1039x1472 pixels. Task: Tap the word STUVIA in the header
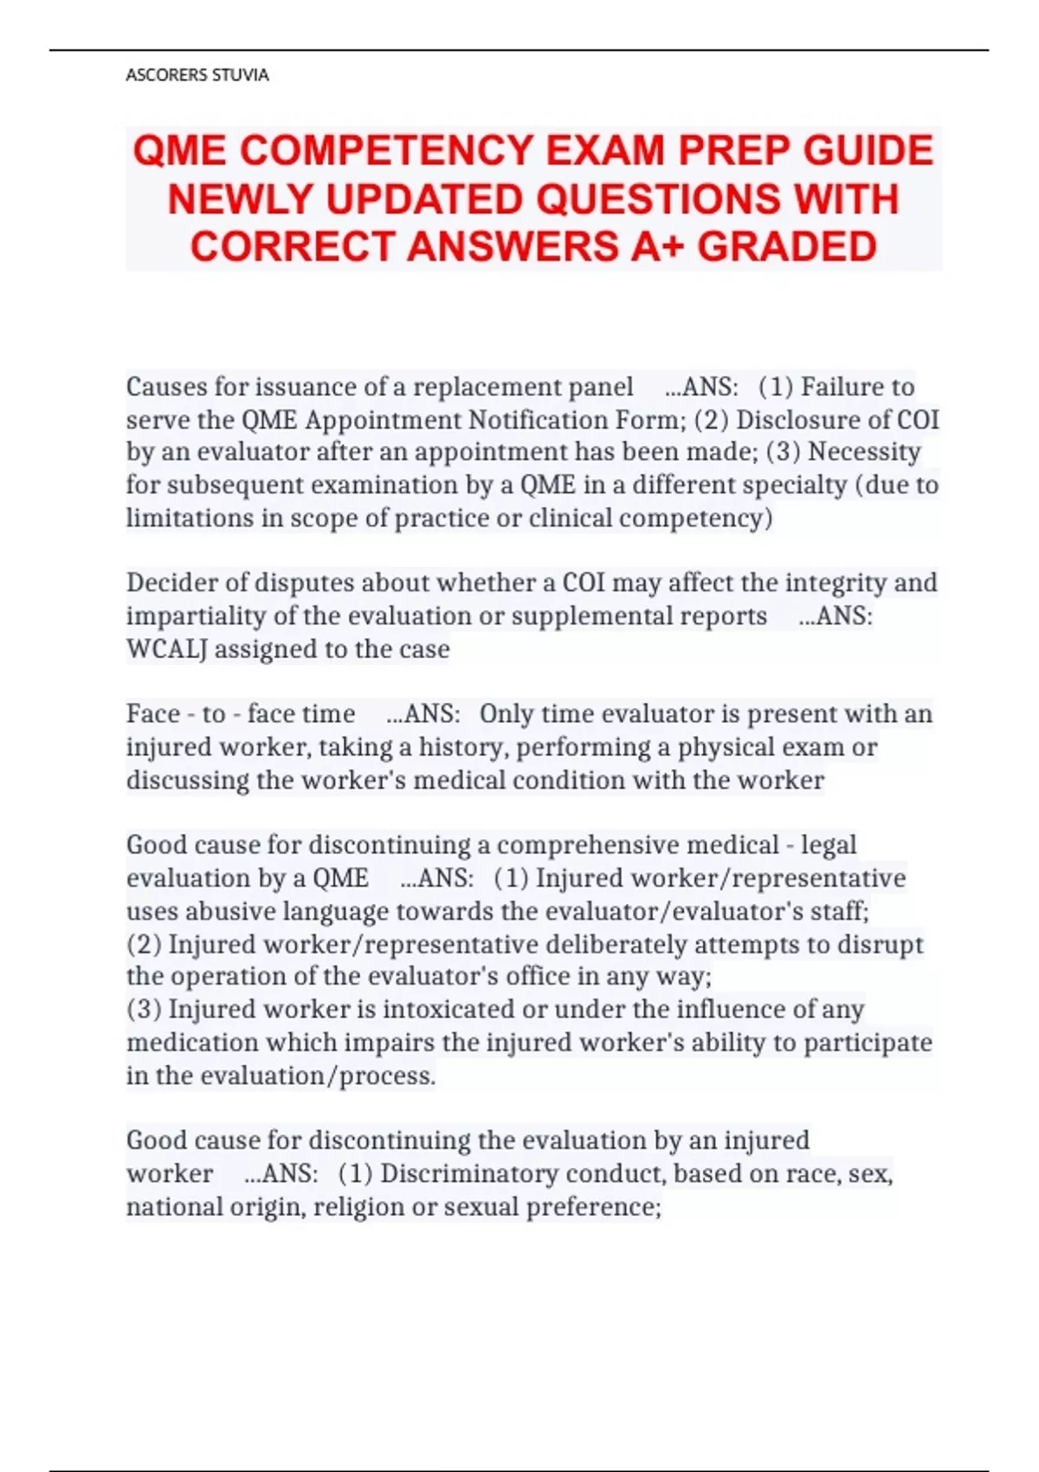click(x=240, y=75)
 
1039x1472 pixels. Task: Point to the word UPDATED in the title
click(x=423, y=199)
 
